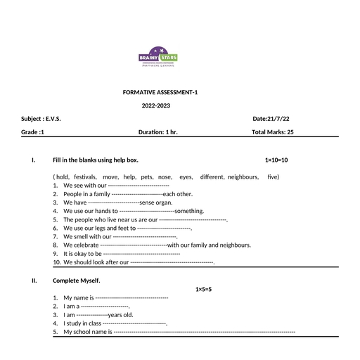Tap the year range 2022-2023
pyautogui.click(x=155, y=105)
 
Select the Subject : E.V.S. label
pyautogui.click(x=41, y=119)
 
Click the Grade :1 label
pyautogui.click(x=33, y=131)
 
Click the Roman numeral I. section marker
pyautogui.click(x=34, y=160)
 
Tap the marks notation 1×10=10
pyautogui.click(x=276, y=160)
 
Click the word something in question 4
pyautogui.click(x=189, y=211)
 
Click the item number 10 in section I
pyautogui.click(x=57, y=262)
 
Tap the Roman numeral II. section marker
pyautogui.click(x=34, y=281)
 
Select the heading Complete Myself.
pyautogui.click(x=77, y=281)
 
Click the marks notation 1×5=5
pyautogui.click(x=203, y=290)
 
